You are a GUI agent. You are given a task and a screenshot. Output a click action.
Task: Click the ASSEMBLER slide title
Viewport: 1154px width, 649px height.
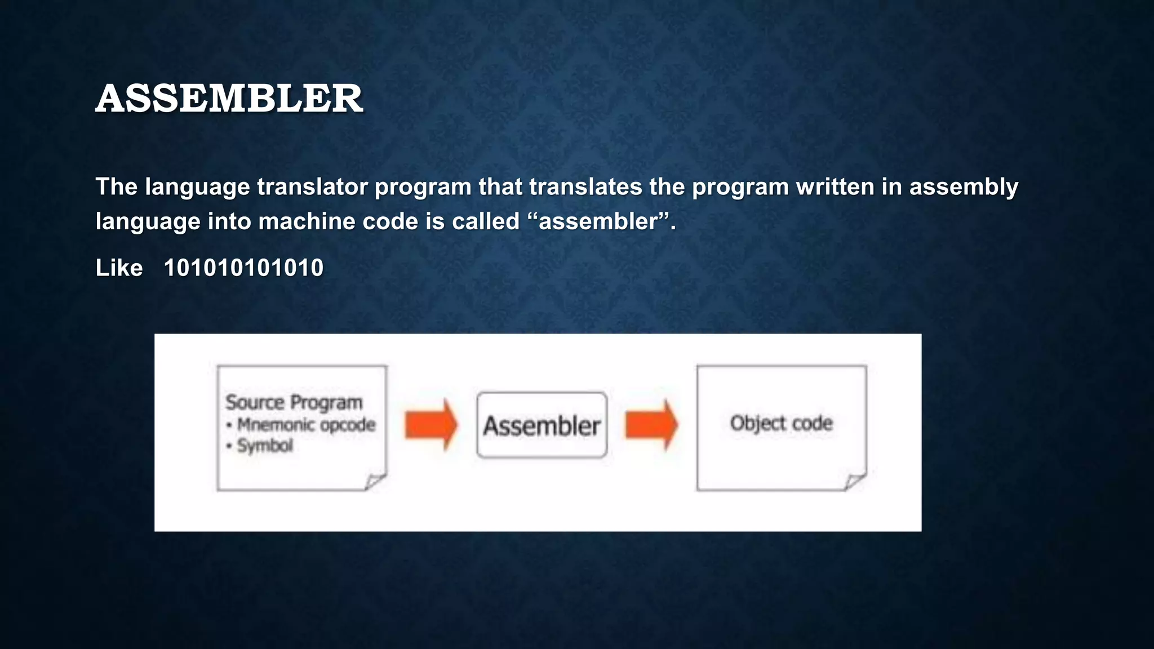(x=229, y=99)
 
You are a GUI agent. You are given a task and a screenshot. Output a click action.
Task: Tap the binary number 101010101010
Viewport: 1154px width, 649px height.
(x=243, y=268)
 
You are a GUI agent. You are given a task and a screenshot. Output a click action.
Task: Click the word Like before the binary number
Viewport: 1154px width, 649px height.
(x=119, y=268)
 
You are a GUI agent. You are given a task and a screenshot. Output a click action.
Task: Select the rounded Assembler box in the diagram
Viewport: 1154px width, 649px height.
(x=542, y=425)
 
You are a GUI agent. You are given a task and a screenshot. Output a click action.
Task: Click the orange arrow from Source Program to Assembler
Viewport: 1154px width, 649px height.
(x=431, y=425)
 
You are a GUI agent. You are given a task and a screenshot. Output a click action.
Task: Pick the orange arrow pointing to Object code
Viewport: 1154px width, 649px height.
(x=651, y=425)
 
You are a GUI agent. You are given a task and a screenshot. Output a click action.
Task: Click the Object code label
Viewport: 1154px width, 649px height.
(x=781, y=423)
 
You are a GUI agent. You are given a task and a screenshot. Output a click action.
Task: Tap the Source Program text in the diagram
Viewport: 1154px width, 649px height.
(x=294, y=402)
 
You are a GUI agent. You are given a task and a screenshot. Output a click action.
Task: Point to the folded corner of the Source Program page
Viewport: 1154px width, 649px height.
(x=374, y=482)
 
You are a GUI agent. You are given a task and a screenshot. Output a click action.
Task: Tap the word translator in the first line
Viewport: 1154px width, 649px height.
(x=312, y=187)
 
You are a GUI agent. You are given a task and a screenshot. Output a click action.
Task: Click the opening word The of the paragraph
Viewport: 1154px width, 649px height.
(x=116, y=187)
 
